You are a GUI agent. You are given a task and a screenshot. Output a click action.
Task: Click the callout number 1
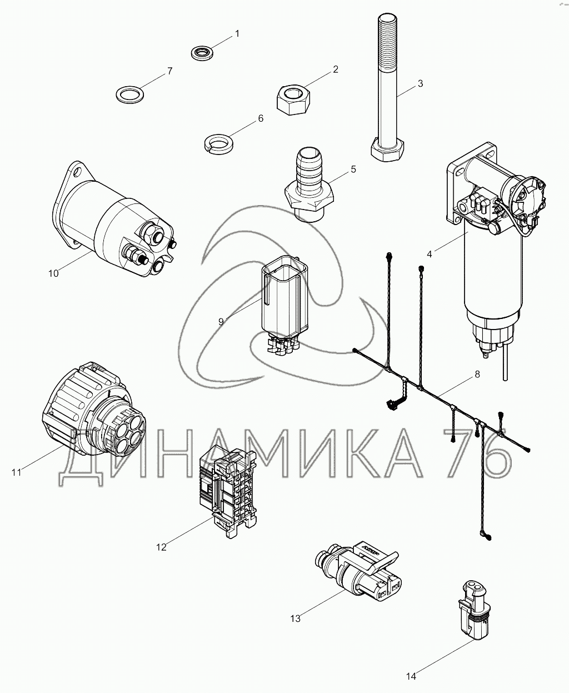(x=237, y=34)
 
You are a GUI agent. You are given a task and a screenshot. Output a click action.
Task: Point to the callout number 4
(x=430, y=254)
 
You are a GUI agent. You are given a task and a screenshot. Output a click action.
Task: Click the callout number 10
(x=53, y=273)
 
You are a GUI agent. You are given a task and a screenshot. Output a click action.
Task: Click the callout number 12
(x=161, y=547)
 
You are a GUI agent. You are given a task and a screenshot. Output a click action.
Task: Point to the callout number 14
(x=411, y=676)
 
